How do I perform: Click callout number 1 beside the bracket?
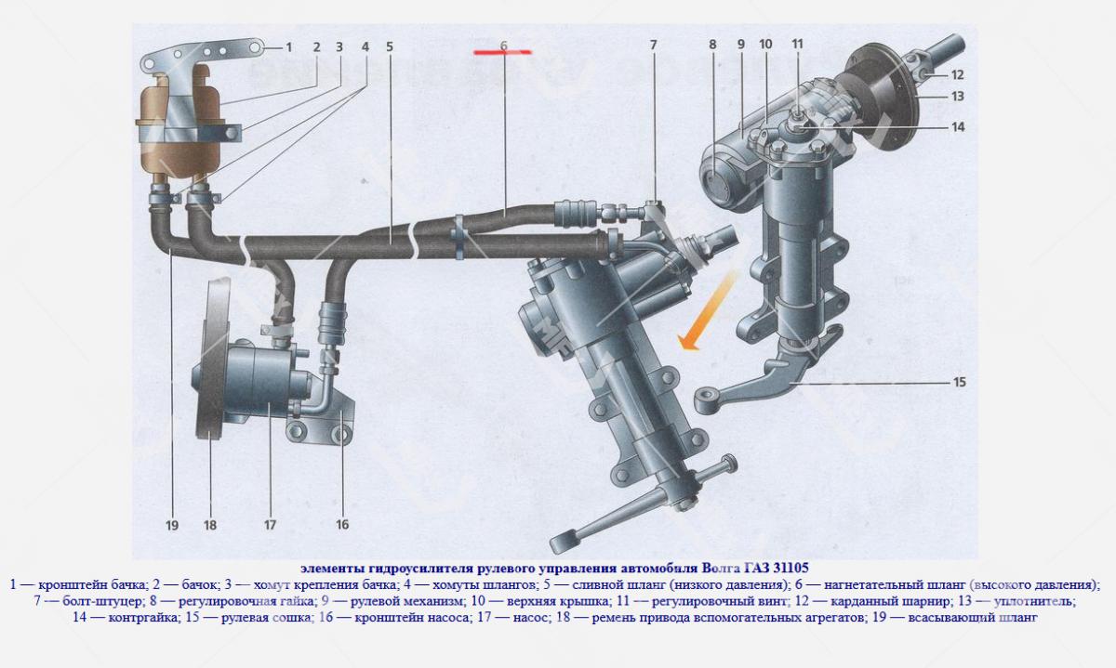288,47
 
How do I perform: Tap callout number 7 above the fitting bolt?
653,46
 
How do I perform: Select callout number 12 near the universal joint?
958,74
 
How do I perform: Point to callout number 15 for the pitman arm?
959,382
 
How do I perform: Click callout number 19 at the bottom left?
172,525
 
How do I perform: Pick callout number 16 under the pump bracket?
342,524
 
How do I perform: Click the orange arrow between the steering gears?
706,311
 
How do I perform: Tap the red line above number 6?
503,52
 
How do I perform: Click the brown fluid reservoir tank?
178,124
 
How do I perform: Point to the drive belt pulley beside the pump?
213,359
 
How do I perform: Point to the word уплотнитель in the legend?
1034,601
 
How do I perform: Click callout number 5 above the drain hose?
390,46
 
